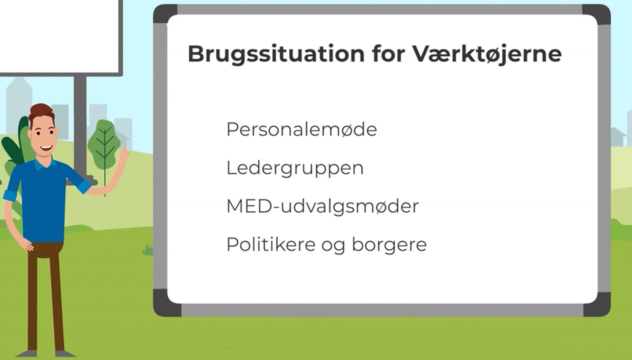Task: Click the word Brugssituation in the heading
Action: pyautogui.click(x=276, y=54)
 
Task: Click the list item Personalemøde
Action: pyautogui.click(x=302, y=129)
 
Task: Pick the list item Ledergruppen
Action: pyautogui.click(x=295, y=168)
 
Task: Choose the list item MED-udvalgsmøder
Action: pyautogui.click(x=323, y=207)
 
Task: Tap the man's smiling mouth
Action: pyautogui.click(x=46, y=148)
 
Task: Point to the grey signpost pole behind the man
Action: pyautogui.click(x=80, y=125)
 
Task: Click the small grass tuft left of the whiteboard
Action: pyautogui.click(x=148, y=250)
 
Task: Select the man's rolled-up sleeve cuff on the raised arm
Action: pyautogui.click(x=85, y=186)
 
